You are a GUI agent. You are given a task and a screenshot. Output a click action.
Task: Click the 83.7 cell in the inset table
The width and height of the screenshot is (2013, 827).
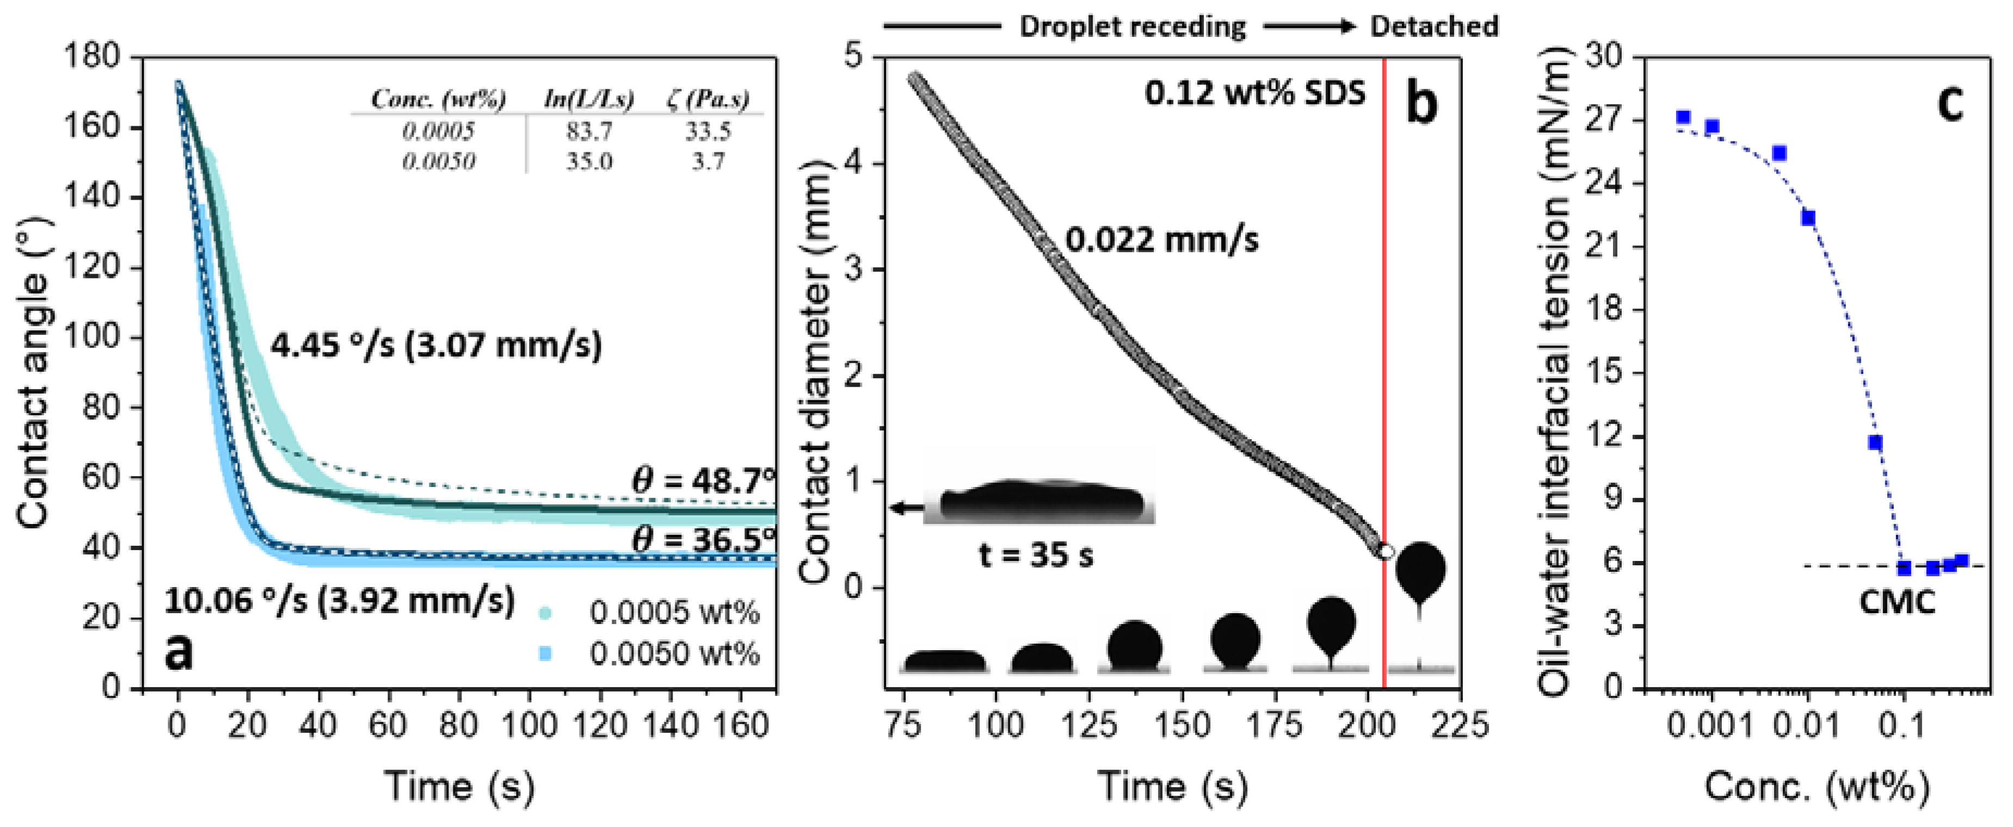pos(588,131)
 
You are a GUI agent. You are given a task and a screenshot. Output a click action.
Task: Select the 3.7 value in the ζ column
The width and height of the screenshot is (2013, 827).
pos(707,162)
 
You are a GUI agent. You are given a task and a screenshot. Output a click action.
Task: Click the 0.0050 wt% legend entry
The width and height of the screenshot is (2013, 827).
pos(674,653)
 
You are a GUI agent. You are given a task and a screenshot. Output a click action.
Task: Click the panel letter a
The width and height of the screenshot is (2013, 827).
pos(179,651)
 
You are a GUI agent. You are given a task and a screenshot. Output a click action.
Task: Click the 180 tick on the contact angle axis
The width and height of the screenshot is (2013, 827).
pos(92,57)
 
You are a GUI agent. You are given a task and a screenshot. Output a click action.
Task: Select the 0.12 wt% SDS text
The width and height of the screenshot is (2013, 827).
pos(1255,93)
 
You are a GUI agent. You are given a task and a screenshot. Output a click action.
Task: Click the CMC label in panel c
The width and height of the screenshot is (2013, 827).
pos(1897,602)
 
